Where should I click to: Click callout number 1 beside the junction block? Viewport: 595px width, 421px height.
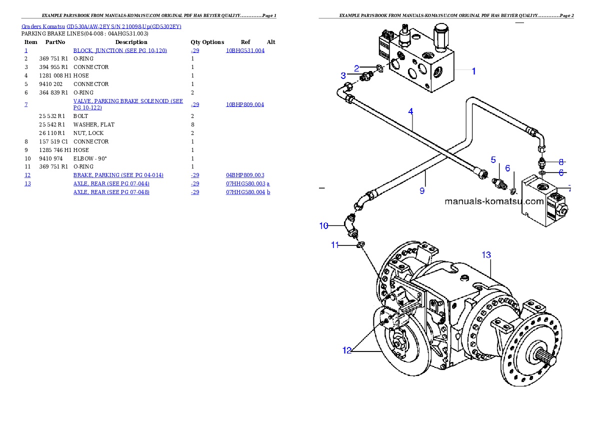coord(473,71)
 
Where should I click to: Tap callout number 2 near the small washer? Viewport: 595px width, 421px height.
coord(356,68)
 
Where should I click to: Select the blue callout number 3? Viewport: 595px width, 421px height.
coord(343,75)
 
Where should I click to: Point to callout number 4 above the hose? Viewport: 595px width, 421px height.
coord(410,111)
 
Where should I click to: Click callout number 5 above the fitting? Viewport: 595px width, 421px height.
coord(493,160)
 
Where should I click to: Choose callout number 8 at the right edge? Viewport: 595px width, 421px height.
coord(561,162)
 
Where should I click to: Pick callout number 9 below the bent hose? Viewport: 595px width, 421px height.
coord(422,190)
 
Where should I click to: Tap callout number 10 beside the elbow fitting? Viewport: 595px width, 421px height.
coord(324,225)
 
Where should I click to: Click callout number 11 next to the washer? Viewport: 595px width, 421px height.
coord(335,245)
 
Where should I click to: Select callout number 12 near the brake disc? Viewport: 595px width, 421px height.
coord(347,350)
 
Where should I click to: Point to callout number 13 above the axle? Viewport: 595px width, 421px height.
coord(486,255)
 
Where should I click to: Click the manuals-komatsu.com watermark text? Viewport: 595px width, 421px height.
coord(494,201)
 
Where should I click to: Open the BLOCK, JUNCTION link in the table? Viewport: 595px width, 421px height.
coord(120,50)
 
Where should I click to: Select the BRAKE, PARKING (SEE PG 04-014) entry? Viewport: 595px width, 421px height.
coord(118,175)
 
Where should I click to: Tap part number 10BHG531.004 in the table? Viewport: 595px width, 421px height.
coord(245,50)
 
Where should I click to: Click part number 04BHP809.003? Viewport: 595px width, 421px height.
coord(245,175)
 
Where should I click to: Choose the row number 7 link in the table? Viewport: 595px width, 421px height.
coord(26,104)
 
